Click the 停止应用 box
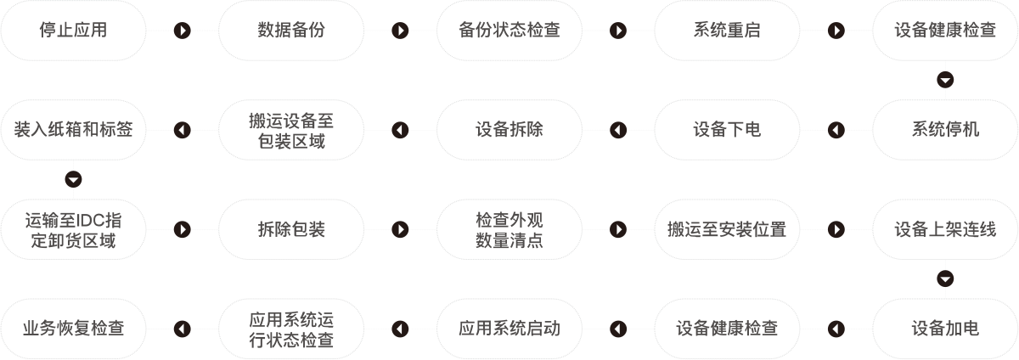73,31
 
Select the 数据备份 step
291,31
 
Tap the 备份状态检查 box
509,31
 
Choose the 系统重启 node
728,31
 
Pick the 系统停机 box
946,130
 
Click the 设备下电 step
728,130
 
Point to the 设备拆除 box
509,130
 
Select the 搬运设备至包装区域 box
291,130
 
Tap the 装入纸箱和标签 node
73,130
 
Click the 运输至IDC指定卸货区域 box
73,229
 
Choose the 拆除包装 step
291,229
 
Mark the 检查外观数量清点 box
509,229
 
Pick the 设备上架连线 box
946,229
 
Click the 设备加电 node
946,329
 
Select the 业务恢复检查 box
73,329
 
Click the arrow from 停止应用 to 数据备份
182,31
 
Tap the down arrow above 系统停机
946,80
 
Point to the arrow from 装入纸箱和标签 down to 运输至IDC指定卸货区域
73,179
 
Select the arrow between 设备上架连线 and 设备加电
946,278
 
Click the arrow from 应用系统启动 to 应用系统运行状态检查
400,329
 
